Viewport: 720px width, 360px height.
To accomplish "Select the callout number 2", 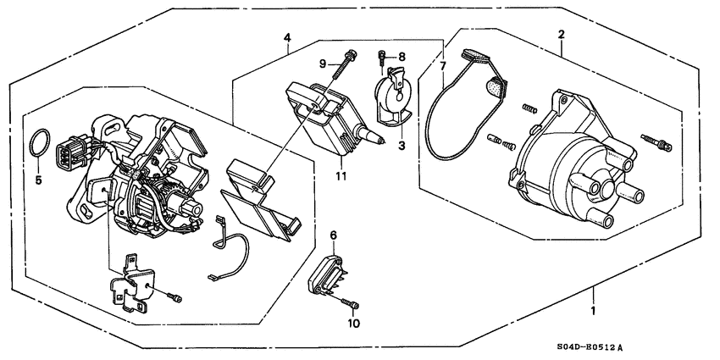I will (560, 35).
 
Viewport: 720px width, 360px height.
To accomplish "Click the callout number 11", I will (341, 175).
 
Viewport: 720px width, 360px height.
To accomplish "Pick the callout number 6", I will (333, 235).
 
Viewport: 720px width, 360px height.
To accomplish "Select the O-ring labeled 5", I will (35, 144).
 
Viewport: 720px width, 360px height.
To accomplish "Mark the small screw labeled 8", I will (383, 58).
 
